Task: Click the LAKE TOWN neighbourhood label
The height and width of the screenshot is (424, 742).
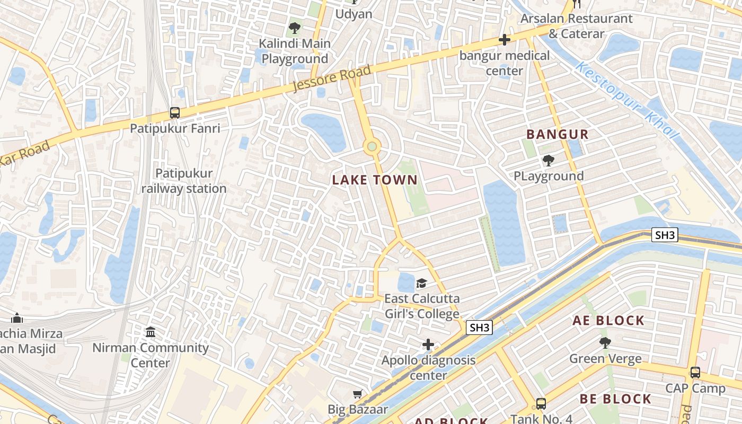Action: [375, 180]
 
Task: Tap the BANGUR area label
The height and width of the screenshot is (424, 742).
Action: [558, 134]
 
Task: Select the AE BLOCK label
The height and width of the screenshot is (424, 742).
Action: [608, 321]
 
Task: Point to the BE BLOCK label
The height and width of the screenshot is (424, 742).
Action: [615, 399]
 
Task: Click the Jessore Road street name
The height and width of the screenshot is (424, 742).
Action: [332, 79]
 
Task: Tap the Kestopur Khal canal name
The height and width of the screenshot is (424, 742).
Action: [626, 101]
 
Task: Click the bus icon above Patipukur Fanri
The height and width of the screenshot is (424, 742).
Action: [175, 112]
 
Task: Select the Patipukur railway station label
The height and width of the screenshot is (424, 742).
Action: [184, 181]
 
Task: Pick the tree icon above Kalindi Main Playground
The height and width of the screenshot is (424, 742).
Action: [294, 28]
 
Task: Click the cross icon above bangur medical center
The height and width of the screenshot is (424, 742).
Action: [504, 40]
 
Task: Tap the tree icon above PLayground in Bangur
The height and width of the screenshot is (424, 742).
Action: [549, 160]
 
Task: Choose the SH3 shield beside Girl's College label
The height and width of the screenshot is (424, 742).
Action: [479, 328]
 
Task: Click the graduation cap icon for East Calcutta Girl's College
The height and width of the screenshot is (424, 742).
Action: [421, 283]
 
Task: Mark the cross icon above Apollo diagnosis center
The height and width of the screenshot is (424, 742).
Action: [428, 345]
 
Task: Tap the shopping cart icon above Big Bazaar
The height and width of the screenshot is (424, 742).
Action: [358, 394]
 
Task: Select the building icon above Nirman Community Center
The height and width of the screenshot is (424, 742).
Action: [151, 332]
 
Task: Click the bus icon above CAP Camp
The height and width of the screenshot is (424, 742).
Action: [695, 373]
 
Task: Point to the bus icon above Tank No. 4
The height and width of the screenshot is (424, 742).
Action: [541, 404]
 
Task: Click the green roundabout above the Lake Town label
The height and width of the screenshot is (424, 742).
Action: [372, 146]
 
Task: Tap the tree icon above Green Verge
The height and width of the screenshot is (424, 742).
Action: [605, 343]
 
